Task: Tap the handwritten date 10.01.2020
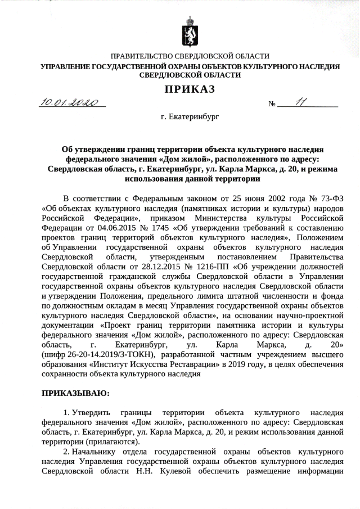(x=73, y=103)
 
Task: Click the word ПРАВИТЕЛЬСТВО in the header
(x=143, y=56)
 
